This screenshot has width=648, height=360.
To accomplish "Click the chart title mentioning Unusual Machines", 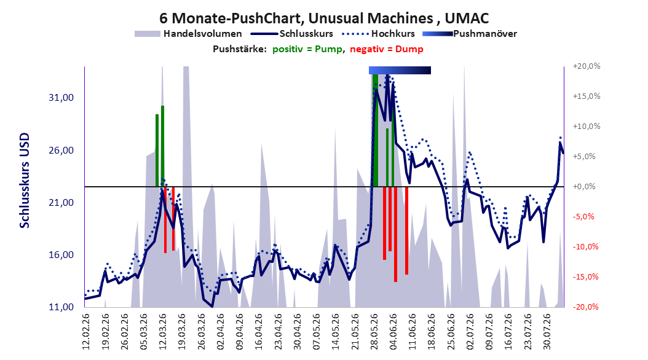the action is tap(324, 18).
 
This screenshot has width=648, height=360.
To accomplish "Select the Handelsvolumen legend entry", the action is tap(189, 34).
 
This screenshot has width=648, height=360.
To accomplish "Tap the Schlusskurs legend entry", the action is tap(291, 34).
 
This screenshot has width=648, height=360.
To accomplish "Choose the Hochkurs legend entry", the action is tap(378, 34).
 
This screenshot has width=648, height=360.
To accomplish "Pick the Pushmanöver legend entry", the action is tap(470, 34).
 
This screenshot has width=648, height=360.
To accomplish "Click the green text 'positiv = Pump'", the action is tap(307, 49).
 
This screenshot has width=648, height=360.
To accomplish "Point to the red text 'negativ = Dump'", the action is tap(387, 49).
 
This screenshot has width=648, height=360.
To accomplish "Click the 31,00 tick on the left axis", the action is tap(61, 98).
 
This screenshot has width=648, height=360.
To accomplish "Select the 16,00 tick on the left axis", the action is tap(61, 255).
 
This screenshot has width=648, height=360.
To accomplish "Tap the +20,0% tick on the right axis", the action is tap(587, 66).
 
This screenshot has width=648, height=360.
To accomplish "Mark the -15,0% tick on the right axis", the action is tap(585, 276).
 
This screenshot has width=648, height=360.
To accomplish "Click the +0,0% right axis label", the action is tap(584, 187).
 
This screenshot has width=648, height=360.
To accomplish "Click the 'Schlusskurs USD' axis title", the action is tap(25, 181).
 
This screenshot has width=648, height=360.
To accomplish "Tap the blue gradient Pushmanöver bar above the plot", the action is tap(400, 70).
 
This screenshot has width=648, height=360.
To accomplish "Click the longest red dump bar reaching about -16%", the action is tap(395, 234).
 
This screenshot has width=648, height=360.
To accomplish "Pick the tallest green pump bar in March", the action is tap(163, 146).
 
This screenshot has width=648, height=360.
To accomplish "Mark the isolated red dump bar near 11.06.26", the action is tap(406, 230).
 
